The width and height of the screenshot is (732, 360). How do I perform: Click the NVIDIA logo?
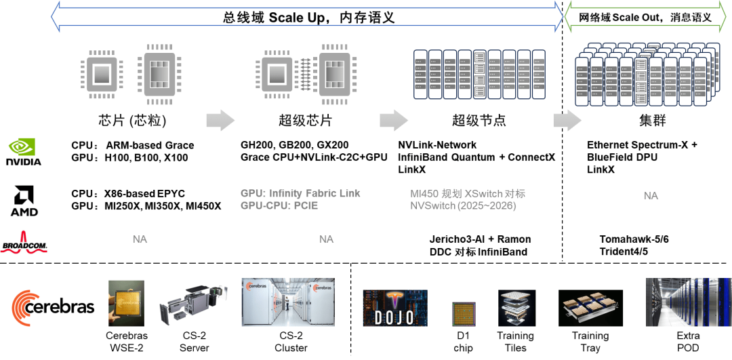[x=24, y=151]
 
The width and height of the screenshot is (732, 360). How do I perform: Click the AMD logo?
[x=24, y=201]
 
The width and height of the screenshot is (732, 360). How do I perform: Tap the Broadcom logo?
[x=24, y=242]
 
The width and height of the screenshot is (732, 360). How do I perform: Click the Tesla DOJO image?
[x=395, y=308]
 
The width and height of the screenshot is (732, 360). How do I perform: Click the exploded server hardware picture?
[x=192, y=306]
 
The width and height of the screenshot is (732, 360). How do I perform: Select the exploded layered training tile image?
[x=516, y=309]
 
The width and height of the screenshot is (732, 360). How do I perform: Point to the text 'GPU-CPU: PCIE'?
[x=279, y=205]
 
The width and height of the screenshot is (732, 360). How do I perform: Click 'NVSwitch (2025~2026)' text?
[x=463, y=205]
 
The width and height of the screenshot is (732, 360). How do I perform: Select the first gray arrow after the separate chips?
[x=220, y=120]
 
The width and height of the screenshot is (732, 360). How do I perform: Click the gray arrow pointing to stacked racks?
[x=567, y=120]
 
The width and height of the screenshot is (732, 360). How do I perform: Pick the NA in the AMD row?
[x=651, y=195]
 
